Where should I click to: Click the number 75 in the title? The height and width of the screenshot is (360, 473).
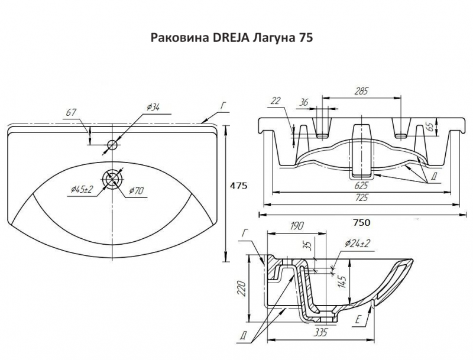point(302,38)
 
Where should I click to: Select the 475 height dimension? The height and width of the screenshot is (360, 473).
point(238,186)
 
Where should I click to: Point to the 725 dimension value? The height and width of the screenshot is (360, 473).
point(361,198)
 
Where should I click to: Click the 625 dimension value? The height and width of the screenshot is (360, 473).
point(361,185)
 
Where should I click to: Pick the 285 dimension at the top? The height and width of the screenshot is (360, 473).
point(361,91)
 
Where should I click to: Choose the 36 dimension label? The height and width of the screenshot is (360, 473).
point(304,102)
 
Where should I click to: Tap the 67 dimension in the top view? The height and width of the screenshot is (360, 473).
point(72,112)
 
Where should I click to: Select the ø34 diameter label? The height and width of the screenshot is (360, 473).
point(153,107)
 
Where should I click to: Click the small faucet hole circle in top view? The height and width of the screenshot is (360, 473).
point(112,144)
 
